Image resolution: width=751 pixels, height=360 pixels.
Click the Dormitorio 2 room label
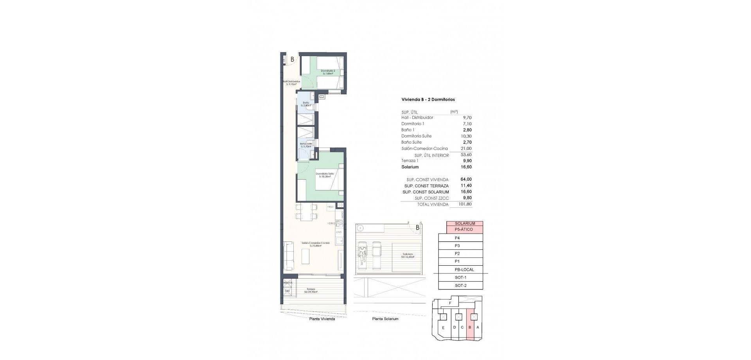[328, 72]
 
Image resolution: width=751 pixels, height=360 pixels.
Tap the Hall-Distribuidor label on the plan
[291, 83]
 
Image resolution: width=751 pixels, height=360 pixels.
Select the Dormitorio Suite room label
[325, 175]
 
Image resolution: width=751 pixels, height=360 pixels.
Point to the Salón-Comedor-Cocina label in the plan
[315, 244]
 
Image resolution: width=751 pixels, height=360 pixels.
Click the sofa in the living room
[289, 256]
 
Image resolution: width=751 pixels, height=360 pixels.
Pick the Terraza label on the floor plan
[311, 290]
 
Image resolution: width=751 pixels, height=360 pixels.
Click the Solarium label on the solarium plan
[407, 256]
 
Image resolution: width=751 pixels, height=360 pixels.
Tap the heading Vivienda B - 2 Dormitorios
[428, 99]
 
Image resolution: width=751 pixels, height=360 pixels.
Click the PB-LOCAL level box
[464, 270]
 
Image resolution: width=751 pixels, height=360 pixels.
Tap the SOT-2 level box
[460, 285]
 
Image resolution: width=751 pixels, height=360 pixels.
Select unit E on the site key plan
[443, 328]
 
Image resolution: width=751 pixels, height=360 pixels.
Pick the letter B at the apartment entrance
[292, 59]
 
